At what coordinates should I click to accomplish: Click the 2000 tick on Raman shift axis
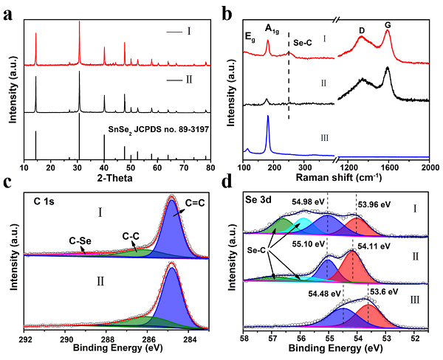(430, 167)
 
